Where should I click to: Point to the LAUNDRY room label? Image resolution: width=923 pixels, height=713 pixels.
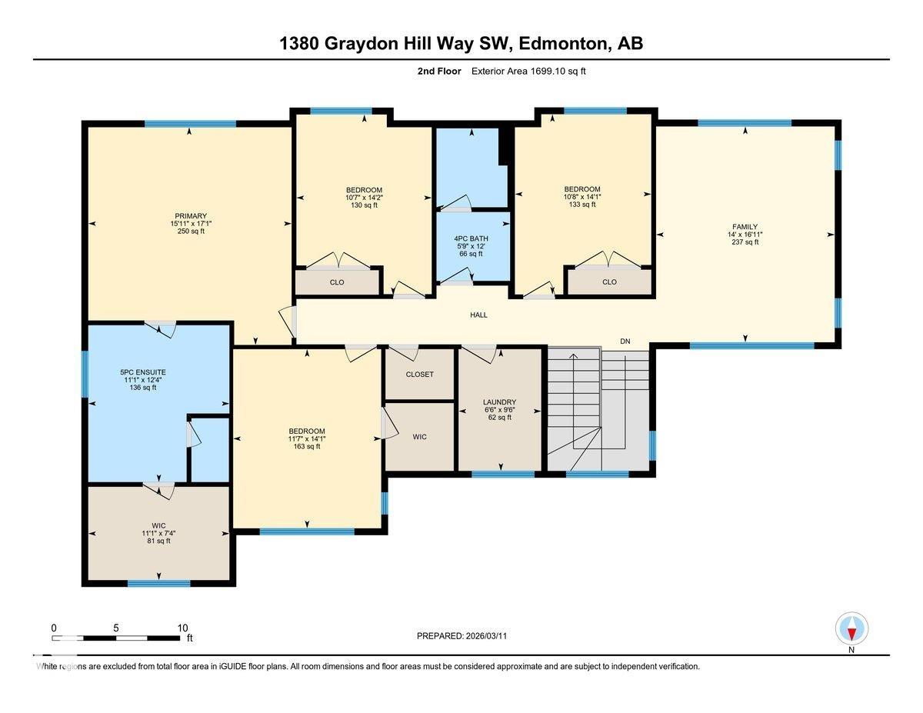pos(500,402)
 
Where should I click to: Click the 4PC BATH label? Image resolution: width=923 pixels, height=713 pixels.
pos(470,238)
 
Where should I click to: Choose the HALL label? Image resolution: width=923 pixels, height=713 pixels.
pos(479,315)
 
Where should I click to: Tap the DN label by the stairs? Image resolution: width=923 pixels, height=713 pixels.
pos(625,341)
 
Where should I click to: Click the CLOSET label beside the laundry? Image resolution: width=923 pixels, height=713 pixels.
pos(419,375)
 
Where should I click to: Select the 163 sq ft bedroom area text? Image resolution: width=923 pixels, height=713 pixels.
pos(307,446)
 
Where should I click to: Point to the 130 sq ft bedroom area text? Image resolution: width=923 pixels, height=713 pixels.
pos(364,205)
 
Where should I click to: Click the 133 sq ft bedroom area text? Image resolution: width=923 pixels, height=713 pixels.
pos(582,204)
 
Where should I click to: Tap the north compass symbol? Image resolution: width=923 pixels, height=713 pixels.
pos(851,630)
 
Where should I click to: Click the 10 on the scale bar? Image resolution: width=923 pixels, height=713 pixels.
pos(182,628)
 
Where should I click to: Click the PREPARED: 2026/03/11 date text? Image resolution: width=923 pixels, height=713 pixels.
pos(462,636)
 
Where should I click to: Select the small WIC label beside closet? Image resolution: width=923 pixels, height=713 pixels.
pos(419,437)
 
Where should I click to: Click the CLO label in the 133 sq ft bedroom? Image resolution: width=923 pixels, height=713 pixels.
pos(609,282)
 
